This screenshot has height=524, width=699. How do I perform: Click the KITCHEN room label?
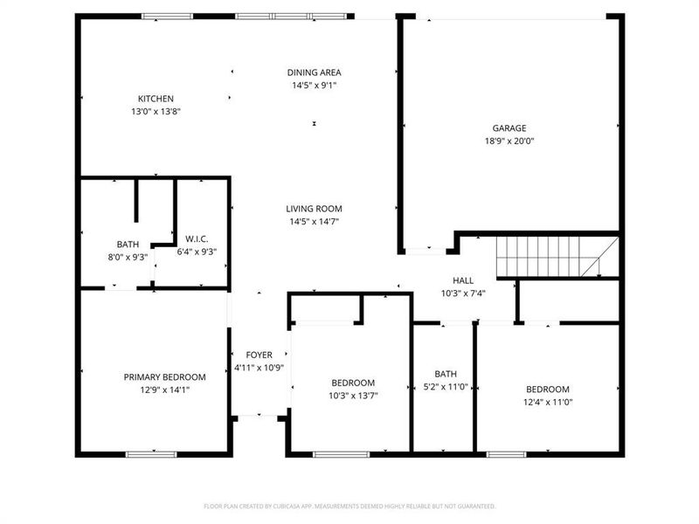[x=156, y=99]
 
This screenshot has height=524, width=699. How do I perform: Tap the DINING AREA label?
[x=314, y=72]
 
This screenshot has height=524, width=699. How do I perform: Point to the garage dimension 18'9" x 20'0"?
[x=509, y=141]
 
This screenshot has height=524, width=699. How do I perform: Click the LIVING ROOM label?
[x=314, y=209]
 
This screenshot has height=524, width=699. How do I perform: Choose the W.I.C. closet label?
[x=196, y=238]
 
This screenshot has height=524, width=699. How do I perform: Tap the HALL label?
[x=462, y=280]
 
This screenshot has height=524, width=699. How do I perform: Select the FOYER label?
[x=260, y=355]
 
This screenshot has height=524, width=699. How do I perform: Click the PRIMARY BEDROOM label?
[x=164, y=377]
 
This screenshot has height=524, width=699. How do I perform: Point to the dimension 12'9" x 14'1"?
[x=164, y=390]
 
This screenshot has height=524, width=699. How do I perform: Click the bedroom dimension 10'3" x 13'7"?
[x=353, y=396]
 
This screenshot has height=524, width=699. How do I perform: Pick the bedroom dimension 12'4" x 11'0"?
[x=547, y=402]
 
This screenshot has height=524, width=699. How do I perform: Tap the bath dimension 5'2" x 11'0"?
[x=444, y=387]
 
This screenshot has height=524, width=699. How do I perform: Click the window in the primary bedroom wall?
[x=151, y=454]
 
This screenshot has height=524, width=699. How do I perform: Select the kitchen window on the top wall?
[x=168, y=16]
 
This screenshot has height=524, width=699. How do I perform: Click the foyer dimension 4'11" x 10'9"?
[x=260, y=368]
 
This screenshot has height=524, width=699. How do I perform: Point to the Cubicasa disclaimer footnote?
[x=349, y=506]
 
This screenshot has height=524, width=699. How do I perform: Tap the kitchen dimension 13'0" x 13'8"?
[x=156, y=112]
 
